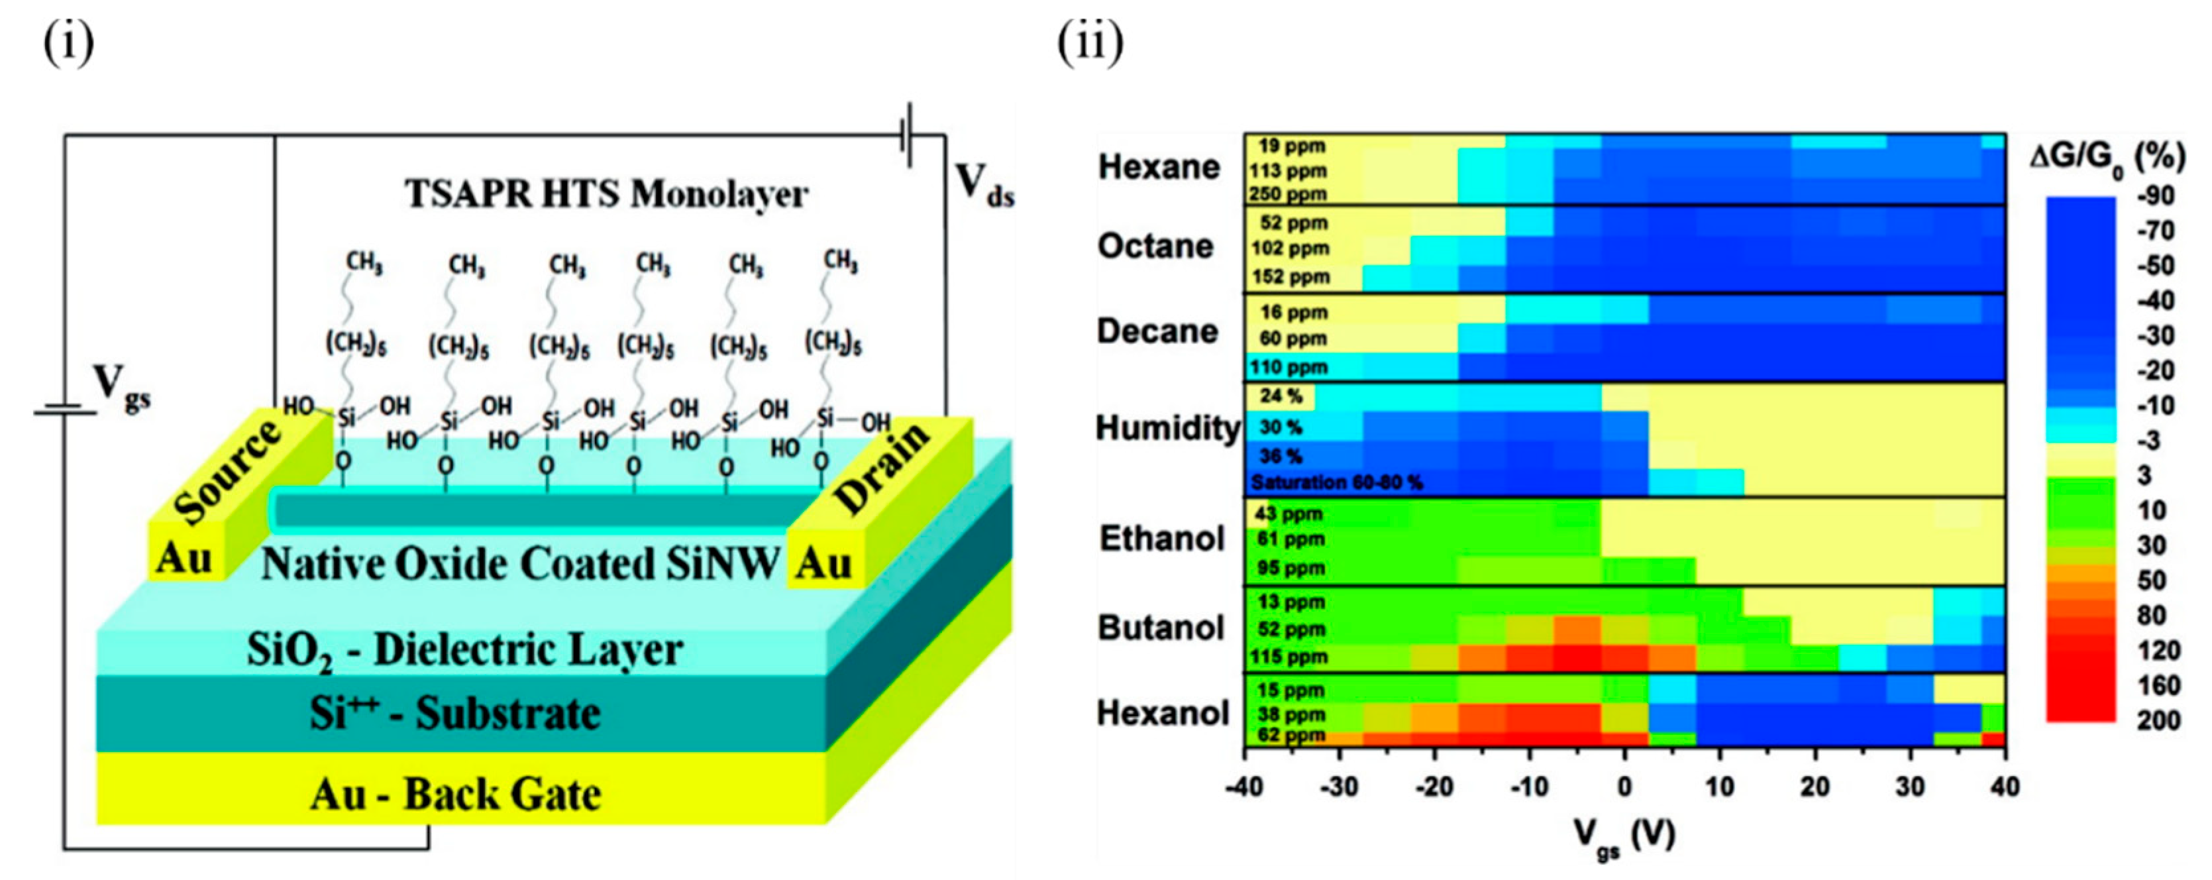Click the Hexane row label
pyautogui.click(x=1159, y=166)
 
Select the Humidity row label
pyautogui.click(x=1168, y=427)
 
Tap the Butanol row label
pyautogui.click(x=1161, y=628)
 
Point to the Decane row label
pyautogui.click(x=1157, y=331)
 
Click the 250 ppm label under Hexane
pyautogui.click(x=1287, y=194)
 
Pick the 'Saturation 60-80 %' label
pyautogui.click(x=1336, y=482)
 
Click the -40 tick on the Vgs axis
pyautogui.click(x=1244, y=787)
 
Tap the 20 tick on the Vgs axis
pyautogui.click(x=1815, y=787)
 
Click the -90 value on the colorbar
pyautogui.click(x=2155, y=197)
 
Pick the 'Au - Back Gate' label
pyautogui.click(x=455, y=794)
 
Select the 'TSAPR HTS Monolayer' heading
pyautogui.click(x=606, y=194)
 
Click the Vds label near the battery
pyautogui.click(x=984, y=185)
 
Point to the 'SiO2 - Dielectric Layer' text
pyautogui.click(x=464, y=650)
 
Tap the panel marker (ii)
pyautogui.click(x=1090, y=43)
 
